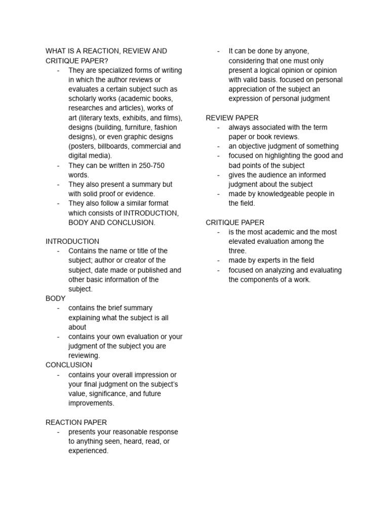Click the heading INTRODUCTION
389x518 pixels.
click(x=72, y=241)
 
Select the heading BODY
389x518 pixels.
click(x=56, y=298)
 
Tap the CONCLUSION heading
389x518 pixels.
click(x=69, y=365)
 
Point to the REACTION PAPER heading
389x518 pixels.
click(x=76, y=422)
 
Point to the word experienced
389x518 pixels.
click(x=88, y=451)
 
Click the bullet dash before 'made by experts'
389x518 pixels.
click(x=218, y=261)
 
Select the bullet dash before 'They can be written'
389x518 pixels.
click(x=58, y=165)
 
